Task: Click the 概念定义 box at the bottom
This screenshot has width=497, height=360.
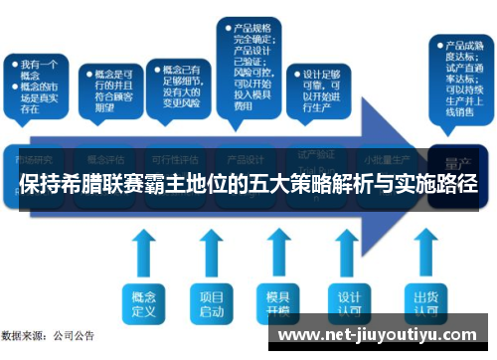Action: pyautogui.click(x=145, y=301)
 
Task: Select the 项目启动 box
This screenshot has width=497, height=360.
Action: pyautogui.click(x=210, y=301)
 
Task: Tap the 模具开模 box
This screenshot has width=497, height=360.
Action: pyautogui.click(x=275, y=301)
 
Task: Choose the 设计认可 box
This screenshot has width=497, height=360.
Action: pyautogui.click(x=348, y=301)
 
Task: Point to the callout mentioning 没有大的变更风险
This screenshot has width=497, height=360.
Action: pyautogui.click(x=177, y=85)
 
